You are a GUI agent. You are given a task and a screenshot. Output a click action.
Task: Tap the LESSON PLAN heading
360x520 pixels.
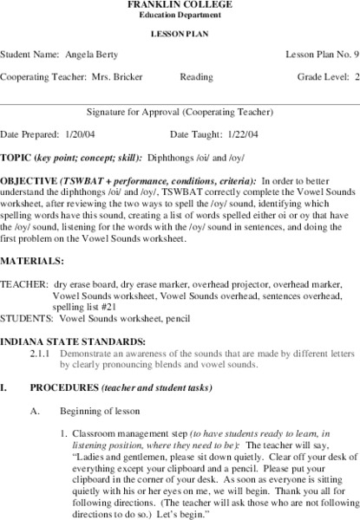pos(180,34)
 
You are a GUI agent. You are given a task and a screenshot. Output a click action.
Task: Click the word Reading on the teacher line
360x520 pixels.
pos(196,76)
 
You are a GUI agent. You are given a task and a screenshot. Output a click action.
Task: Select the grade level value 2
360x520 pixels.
pos(356,76)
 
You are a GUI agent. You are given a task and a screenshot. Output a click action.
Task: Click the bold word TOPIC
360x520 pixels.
pos(16,157)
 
